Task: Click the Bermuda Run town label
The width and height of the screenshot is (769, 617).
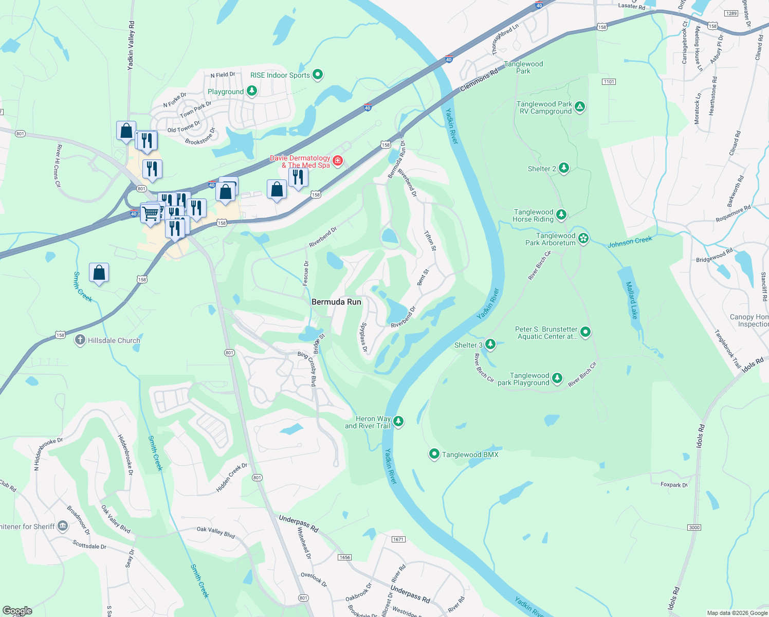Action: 336,302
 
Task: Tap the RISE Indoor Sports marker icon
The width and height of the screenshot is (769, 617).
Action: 318,75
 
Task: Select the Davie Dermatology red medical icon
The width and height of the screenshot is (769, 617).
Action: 338,161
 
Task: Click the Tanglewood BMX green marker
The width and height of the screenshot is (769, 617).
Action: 434,454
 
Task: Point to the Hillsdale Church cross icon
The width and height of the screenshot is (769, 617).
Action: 80,340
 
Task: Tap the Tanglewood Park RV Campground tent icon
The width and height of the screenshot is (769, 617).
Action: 580,107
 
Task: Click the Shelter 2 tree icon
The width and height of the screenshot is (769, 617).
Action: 564,168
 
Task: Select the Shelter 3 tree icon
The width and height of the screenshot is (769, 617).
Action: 490,344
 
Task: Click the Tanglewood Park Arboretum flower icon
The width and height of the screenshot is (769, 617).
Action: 583,238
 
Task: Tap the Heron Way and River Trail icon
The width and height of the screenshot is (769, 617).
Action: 398,422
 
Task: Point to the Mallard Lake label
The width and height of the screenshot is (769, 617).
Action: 631,300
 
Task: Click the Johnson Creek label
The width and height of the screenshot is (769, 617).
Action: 630,242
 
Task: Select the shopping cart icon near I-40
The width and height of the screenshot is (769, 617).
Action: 150,213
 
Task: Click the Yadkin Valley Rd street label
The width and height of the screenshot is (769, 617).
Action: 131,45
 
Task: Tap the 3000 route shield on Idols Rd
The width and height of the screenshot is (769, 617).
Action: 694,528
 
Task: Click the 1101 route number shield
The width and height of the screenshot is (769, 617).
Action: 609,82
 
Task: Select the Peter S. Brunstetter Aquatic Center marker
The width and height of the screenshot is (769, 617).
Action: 585,332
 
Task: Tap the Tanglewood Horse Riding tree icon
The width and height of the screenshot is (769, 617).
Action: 561,214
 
